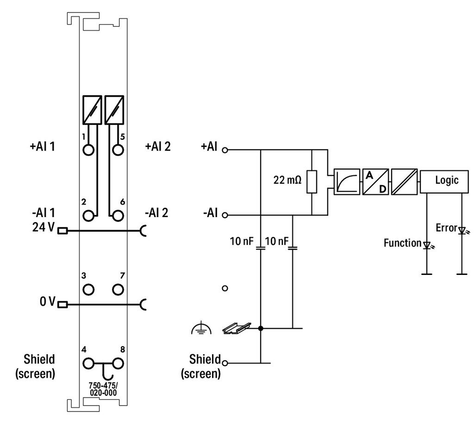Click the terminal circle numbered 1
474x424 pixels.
pos(88,150)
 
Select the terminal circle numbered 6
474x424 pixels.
pos(118,216)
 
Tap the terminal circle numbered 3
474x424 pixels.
pos(88,289)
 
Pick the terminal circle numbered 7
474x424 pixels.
pos(118,289)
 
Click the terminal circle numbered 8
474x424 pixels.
pos(118,363)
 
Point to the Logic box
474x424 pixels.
pos(444,181)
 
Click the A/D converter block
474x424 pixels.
pos(375,182)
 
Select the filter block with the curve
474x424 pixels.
pos(347,182)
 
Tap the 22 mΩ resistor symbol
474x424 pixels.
pos(312,181)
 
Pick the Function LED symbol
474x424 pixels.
pos(427,245)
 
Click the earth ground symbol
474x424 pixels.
pos(201,329)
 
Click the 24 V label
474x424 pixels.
pos(43,227)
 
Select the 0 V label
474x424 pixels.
pos(48,301)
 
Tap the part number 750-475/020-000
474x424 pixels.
pos(103,389)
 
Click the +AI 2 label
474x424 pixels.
pos(158,147)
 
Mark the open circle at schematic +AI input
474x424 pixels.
pos(225,150)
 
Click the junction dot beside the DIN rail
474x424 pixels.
pos(261,328)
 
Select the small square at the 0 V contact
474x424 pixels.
pos(62,305)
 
